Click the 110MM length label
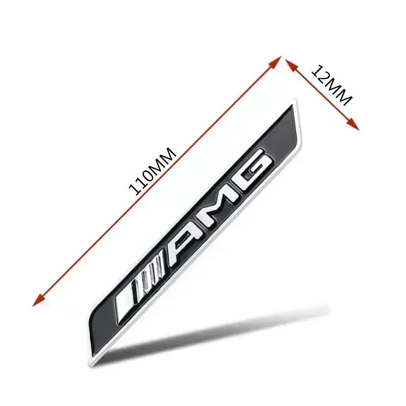click(x=153, y=171)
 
